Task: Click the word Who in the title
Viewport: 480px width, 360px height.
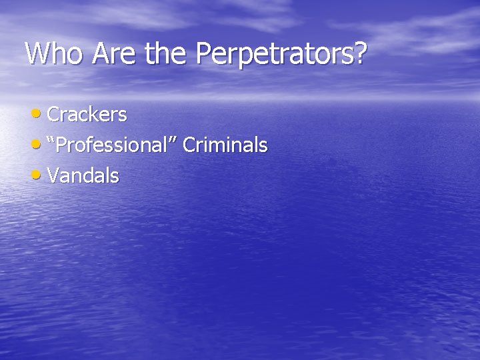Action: coord(51,53)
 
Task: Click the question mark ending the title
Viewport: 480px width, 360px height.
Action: coord(360,53)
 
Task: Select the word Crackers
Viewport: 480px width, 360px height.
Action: coord(87,115)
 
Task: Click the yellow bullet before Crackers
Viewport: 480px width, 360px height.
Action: coord(39,114)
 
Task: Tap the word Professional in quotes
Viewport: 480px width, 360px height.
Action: coord(114,145)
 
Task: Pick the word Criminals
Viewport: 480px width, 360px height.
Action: coord(225,145)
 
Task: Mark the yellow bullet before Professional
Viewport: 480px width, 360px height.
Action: coord(39,145)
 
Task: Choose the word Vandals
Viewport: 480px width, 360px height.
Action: coord(83,176)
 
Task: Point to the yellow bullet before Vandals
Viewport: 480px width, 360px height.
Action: coord(39,175)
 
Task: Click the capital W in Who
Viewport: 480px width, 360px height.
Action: coord(37,53)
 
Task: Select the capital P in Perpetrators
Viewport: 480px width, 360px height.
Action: coord(203,53)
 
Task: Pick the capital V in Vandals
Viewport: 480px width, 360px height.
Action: coord(54,176)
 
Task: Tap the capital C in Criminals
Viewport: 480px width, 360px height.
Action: coord(187,145)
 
